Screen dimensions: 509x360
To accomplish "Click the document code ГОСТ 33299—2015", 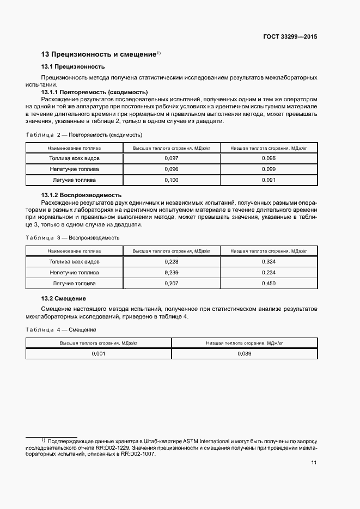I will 290,37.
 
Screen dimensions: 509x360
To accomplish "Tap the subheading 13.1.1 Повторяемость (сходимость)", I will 94,93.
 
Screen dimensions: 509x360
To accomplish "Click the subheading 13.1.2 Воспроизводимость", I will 81,195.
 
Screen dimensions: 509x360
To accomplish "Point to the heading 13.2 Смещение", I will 64,298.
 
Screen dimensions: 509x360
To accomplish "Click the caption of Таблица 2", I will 84,134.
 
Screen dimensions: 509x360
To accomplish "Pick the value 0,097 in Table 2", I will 172,158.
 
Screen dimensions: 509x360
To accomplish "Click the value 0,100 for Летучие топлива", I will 172,180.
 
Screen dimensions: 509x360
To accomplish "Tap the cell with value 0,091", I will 269,180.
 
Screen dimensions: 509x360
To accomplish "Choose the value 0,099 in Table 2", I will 269,169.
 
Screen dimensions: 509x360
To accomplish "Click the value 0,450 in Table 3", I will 269,284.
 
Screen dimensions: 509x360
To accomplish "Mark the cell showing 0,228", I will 172,262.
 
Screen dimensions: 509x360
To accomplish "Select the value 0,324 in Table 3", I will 269,262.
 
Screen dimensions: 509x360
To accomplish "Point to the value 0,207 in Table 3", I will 172,284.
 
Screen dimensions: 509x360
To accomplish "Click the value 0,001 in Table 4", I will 99,353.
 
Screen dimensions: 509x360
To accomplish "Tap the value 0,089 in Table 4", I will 245,353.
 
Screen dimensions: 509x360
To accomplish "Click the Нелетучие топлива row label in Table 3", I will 74,273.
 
